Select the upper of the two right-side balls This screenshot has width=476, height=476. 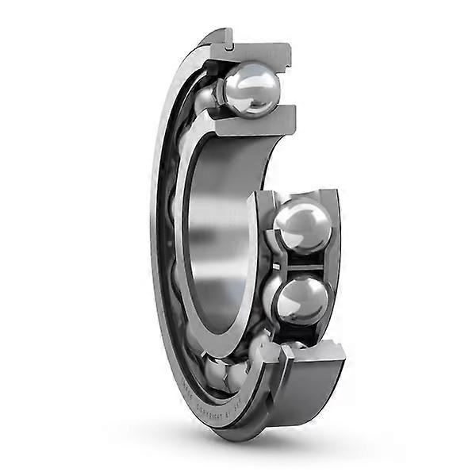pos(301,228)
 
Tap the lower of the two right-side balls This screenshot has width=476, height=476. pos(300,300)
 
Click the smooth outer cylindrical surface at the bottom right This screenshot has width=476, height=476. pos(317,397)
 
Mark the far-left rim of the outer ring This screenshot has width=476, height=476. pos(153,238)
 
